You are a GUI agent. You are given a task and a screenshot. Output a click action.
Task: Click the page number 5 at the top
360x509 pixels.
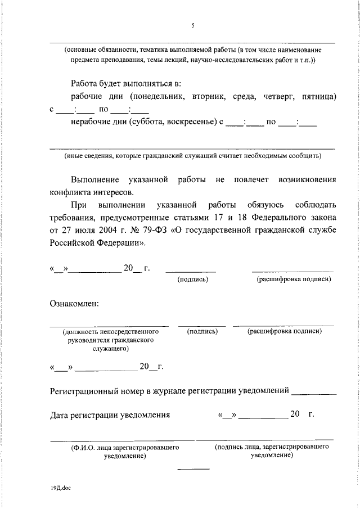click(192, 25)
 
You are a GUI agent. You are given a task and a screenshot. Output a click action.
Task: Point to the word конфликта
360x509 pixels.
click(69, 192)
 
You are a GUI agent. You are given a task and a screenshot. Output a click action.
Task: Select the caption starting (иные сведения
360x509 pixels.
click(192, 155)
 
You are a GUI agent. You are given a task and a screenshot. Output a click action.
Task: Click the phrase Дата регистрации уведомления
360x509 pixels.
click(110, 415)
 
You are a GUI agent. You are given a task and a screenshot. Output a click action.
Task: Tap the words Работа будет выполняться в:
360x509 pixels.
click(126, 84)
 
